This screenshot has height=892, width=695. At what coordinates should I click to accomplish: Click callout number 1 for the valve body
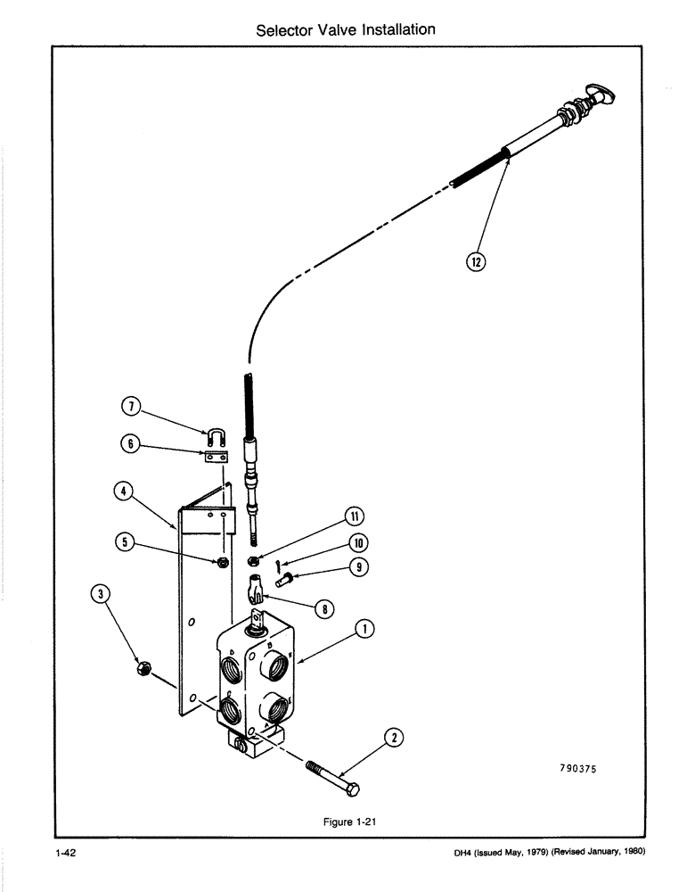coord(364,629)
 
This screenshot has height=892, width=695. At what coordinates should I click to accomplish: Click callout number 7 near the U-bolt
coord(130,409)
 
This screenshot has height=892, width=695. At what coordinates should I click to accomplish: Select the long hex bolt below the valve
coord(334,777)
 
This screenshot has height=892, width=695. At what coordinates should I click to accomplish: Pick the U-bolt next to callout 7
coord(216,437)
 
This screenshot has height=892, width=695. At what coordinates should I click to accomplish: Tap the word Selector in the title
coord(284,29)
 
